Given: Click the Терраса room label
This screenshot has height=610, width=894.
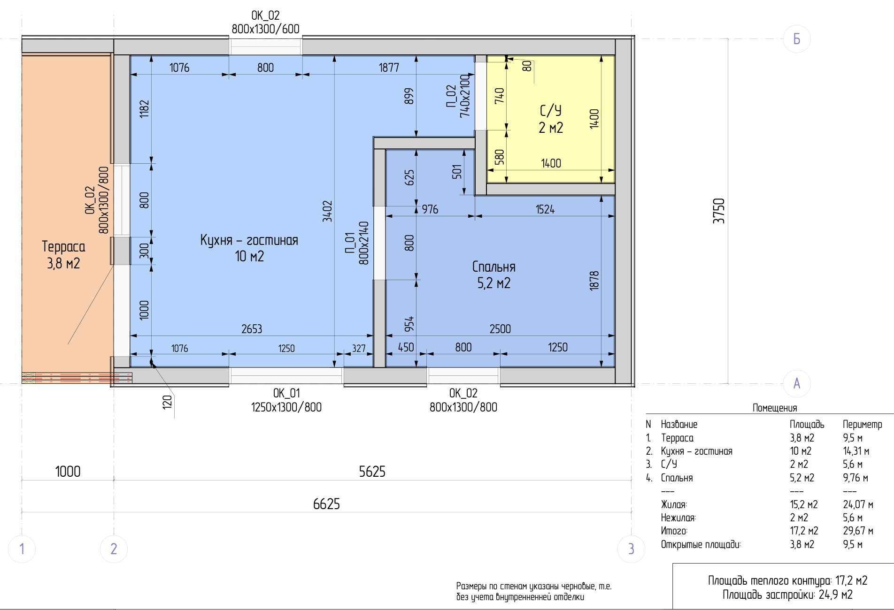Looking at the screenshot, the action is [63, 246].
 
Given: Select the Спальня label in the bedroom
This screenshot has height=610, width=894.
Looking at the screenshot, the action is [494, 267].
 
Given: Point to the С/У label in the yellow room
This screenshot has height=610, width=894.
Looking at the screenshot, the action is [551, 111].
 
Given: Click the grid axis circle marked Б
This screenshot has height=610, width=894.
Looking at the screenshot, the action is [797, 38].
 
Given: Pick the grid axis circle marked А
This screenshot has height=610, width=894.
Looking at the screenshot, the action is [797, 383].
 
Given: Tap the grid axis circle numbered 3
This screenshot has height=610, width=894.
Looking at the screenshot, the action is [631, 549].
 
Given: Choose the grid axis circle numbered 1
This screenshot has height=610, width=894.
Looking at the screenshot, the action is [22, 549].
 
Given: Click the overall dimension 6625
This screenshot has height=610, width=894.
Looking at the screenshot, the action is [326, 504].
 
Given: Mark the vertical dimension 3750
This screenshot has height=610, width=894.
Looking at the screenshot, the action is [719, 211].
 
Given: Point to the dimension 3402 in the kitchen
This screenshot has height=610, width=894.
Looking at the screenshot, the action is [327, 211].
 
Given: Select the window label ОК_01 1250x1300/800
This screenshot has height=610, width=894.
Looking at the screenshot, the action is [286, 400].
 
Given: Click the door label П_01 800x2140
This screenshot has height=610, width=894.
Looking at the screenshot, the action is [357, 243].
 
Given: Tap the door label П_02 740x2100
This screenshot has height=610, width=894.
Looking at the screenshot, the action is [458, 96].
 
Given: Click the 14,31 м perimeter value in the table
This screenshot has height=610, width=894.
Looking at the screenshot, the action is [856, 451].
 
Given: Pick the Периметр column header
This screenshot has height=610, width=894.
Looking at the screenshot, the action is [863, 424].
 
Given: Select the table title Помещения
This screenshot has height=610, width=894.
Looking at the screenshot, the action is [775, 408].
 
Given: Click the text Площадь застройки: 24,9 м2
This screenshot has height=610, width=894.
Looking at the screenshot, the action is [787, 595].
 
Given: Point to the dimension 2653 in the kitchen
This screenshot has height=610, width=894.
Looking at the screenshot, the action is [252, 329].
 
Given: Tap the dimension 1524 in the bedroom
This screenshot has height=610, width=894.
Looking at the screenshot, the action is [545, 209].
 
